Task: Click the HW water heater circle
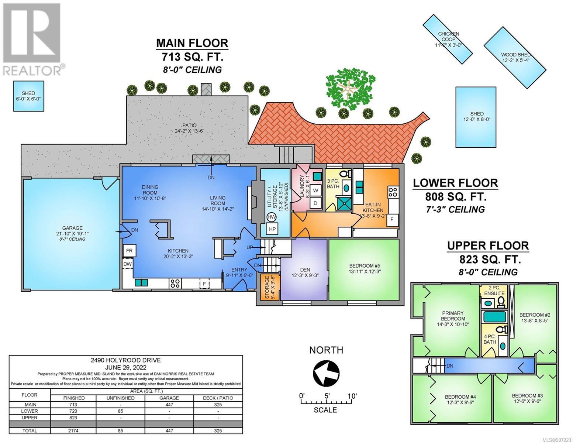[271, 217]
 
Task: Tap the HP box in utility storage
[272, 229]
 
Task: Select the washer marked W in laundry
[315, 190]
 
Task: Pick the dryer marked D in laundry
[315, 203]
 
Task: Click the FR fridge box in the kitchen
[129, 250]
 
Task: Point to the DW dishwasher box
[128, 264]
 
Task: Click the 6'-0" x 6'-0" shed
[29, 96]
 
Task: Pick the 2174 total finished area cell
[73, 430]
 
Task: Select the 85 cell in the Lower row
[121, 411]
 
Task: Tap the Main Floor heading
[192, 43]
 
